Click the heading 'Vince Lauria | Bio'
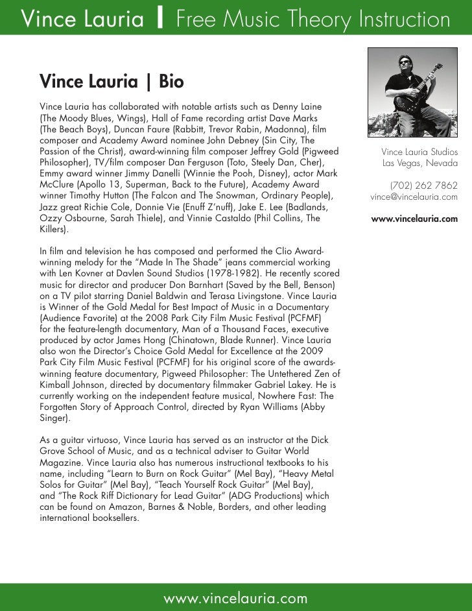tap(112, 82)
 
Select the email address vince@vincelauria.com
tap(414, 197)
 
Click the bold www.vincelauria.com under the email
tap(414, 219)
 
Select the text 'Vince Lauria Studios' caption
tap(419, 152)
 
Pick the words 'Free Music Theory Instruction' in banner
tap(313, 20)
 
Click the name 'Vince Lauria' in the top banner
tap(84, 20)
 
